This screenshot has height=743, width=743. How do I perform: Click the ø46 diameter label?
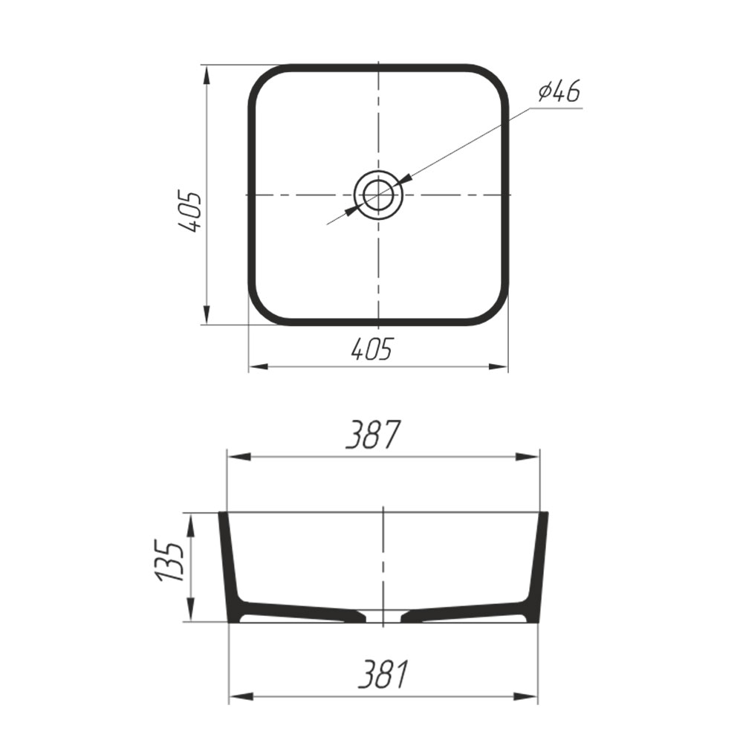559,91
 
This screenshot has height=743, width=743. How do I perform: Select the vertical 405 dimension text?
190,212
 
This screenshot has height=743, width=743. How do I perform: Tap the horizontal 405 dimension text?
372,349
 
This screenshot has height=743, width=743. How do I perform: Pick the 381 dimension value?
383,674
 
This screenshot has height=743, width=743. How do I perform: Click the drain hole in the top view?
378,195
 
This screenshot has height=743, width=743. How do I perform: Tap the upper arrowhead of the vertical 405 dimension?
207,77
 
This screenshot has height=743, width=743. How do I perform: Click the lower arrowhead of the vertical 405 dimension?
207,314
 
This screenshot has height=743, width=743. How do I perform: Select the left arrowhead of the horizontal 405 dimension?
259,366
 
